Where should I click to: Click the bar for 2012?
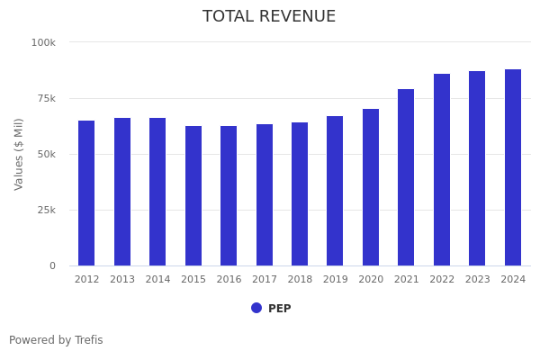pyautogui.click(x=86, y=193)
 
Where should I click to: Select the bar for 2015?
pyautogui.click(x=193, y=195)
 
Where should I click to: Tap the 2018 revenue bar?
pyautogui.click(x=300, y=193)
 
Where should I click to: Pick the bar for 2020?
pyautogui.click(x=371, y=187)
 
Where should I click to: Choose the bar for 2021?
pyautogui.click(x=406, y=177)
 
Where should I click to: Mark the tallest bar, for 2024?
pyautogui.click(x=513, y=167)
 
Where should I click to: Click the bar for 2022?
pyautogui.click(x=442, y=169)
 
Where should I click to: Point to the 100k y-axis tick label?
pyautogui.click(x=43, y=42)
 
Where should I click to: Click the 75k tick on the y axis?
pyautogui.click(x=46, y=98)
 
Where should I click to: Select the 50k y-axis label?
pyautogui.click(x=46, y=154)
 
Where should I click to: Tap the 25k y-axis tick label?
pyautogui.click(x=46, y=210)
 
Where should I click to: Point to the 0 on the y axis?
pyautogui.click(x=52, y=265)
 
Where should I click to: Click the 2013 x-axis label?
pyautogui.click(x=122, y=280)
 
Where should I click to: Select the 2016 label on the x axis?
pyautogui.click(x=229, y=280)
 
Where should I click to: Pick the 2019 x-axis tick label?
pyautogui.click(x=335, y=280)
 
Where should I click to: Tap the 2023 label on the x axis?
pyautogui.click(x=477, y=280)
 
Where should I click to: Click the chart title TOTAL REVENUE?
pyautogui.click(x=269, y=17)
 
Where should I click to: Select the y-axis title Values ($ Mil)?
pyautogui.click(x=20, y=154)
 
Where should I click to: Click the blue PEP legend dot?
pyautogui.click(x=256, y=308)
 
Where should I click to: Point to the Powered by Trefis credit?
pyautogui.click(x=56, y=340)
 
